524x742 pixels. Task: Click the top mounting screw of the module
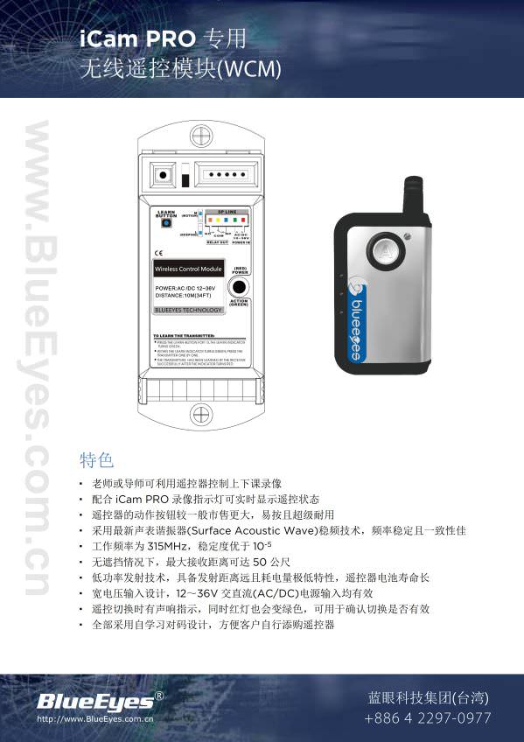(x=200, y=136)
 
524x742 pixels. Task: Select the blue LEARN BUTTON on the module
(x=166, y=222)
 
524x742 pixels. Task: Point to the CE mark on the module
(x=158, y=253)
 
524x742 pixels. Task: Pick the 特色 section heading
(x=96, y=460)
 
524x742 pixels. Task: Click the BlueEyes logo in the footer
(x=99, y=701)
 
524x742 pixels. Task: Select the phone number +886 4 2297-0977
(x=427, y=718)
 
